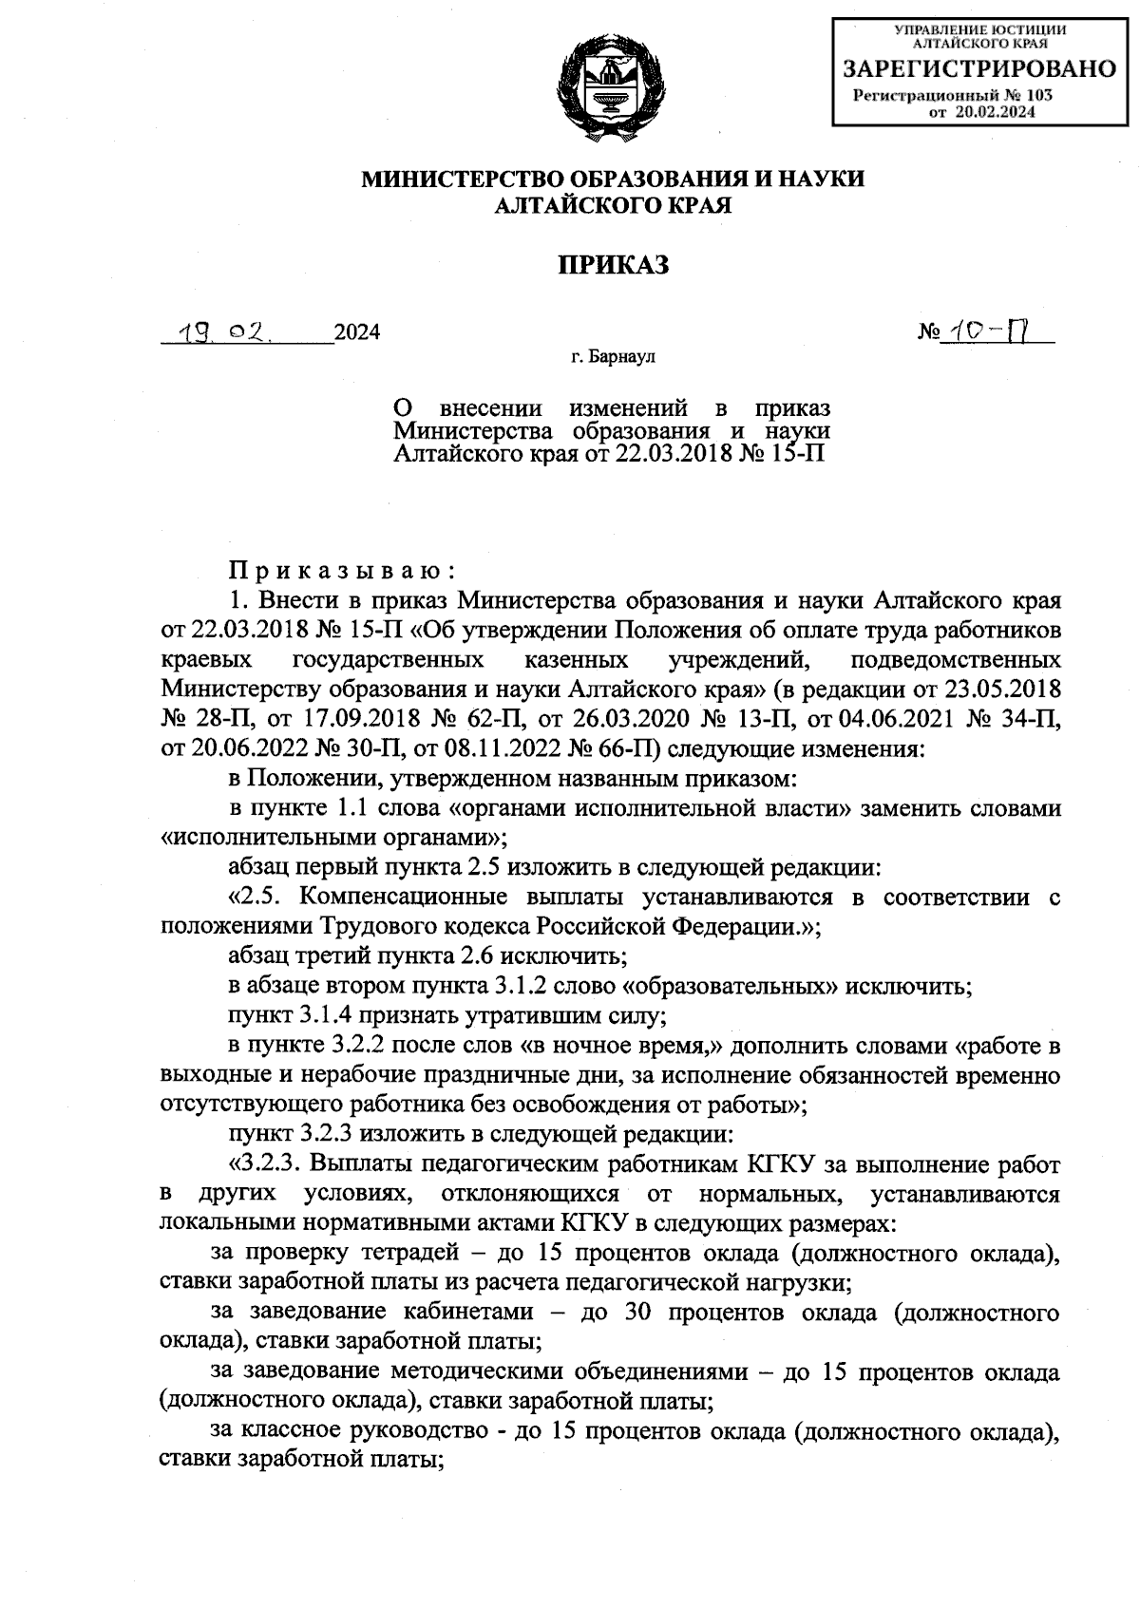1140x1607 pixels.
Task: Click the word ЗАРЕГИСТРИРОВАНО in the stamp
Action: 981,69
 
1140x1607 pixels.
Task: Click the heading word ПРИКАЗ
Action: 613,265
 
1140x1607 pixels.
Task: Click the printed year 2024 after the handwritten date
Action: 357,332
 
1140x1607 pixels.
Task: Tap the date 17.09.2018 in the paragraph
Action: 322,721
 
